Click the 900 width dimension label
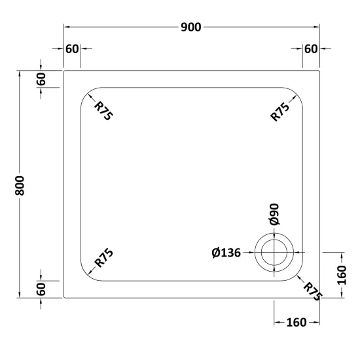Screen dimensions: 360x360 [x=190, y=27]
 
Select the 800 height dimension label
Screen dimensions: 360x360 [x=20, y=186]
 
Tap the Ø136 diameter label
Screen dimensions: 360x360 [x=226, y=253]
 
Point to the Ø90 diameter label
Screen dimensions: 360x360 [x=274, y=214]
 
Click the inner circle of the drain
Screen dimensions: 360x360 [x=274, y=240]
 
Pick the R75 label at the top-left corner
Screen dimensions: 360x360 [x=103, y=111]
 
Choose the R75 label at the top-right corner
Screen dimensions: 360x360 [x=279, y=112]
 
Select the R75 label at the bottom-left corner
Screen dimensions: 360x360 [x=104, y=258]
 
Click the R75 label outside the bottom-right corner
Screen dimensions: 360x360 [x=313, y=291]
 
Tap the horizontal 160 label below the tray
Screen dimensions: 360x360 [x=297, y=323]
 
